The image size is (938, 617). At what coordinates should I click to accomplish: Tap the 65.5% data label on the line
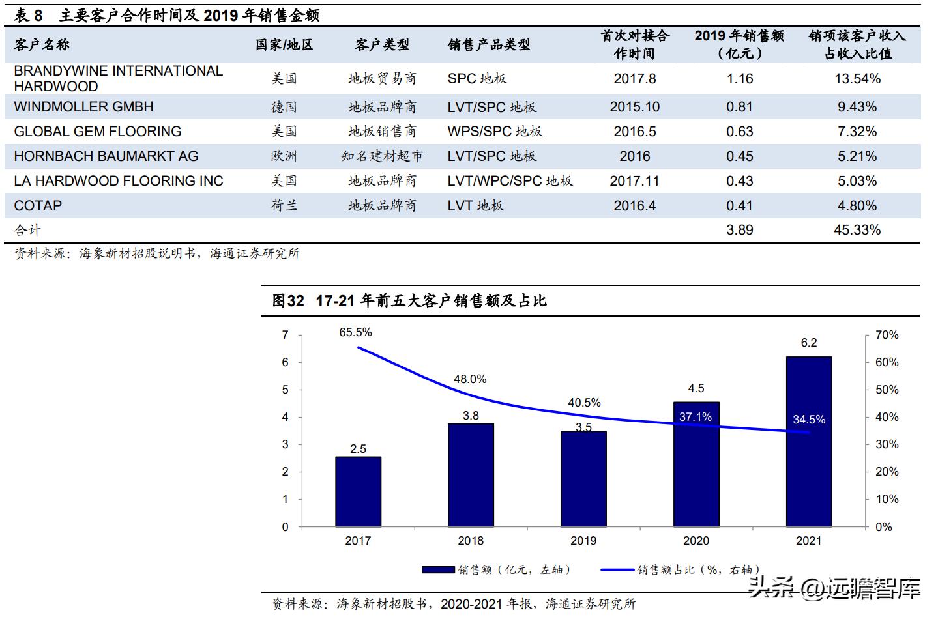coord(355,332)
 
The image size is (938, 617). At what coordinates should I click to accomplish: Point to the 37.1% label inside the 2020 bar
coord(696,417)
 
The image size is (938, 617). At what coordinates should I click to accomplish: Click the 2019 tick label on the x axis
coord(583,541)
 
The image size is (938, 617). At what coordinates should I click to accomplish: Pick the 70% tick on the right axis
coord(887,335)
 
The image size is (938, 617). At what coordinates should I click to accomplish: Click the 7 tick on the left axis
coord(285,335)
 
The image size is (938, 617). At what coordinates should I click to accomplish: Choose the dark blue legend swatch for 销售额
coord(438,569)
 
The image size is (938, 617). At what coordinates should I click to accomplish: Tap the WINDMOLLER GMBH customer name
coord(83,107)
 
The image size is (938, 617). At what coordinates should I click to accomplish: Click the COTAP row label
coord(38,206)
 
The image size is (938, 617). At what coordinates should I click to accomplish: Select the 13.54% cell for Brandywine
coord(857,79)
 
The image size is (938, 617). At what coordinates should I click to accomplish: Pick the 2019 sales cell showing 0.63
coord(739,132)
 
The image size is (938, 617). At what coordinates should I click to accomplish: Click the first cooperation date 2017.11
coord(634,181)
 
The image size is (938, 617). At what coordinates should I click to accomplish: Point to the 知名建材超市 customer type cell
coord(382,156)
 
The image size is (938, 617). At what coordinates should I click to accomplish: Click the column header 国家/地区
coord(284,45)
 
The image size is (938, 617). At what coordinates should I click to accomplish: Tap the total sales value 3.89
coord(739,230)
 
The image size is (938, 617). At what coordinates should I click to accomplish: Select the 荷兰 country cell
coord(284,206)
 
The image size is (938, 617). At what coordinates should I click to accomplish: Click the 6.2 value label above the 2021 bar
coord(808,343)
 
